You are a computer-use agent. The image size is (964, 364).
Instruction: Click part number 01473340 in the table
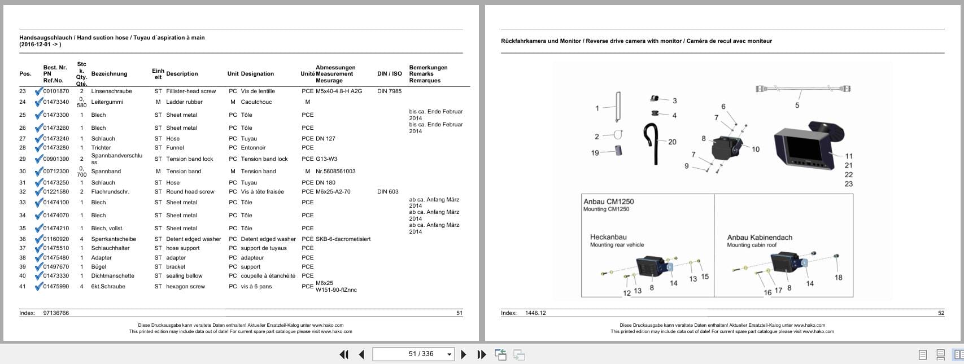coord(56,102)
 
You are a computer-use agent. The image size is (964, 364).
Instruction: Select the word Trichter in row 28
coord(101,148)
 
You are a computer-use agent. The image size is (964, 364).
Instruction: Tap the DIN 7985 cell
coord(389,91)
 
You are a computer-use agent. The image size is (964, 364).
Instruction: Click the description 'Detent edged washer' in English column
coord(194,239)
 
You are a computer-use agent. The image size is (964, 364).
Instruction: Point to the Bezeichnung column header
coord(109,74)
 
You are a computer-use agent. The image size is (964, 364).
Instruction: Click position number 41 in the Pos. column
coord(23,287)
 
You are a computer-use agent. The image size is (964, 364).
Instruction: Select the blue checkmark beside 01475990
coord(38,286)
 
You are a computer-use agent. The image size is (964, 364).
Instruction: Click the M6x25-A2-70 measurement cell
coord(333,192)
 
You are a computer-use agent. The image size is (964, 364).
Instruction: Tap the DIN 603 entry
coord(388,192)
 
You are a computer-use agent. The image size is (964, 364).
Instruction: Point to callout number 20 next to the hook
coord(672,142)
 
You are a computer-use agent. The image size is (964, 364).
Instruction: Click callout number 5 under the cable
coord(797,106)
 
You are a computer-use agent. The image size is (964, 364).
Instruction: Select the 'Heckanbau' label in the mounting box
coord(608,238)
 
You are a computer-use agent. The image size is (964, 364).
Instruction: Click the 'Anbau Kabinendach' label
coord(760,238)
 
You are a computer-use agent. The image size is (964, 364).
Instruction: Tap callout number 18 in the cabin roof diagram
coord(838,277)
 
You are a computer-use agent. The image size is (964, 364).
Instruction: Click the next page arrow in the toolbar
coord(464,354)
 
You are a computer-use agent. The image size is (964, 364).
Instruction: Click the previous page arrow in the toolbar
coord(361,354)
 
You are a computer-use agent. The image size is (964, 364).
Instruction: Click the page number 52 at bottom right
coord(941,313)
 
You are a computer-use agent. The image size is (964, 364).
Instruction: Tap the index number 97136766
coord(56,313)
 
